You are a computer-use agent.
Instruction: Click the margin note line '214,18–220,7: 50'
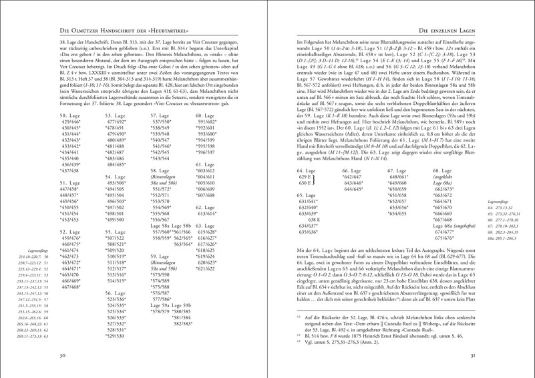click(39, 256)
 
